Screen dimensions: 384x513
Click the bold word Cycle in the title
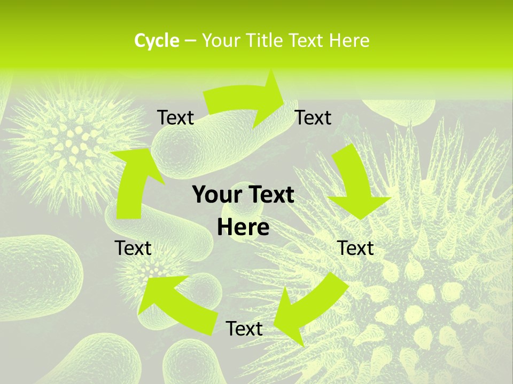tap(157, 41)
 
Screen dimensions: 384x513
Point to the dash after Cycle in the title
tap(190, 41)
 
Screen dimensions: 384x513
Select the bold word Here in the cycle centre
tap(243, 227)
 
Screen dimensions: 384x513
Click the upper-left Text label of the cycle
tap(176, 117)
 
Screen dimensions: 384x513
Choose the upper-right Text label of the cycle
tap(313, 117)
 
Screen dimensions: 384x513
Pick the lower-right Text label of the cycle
tap(356, 248)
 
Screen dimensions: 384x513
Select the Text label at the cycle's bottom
tap(244, 329)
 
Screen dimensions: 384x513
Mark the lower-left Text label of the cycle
tap(133, 248)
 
